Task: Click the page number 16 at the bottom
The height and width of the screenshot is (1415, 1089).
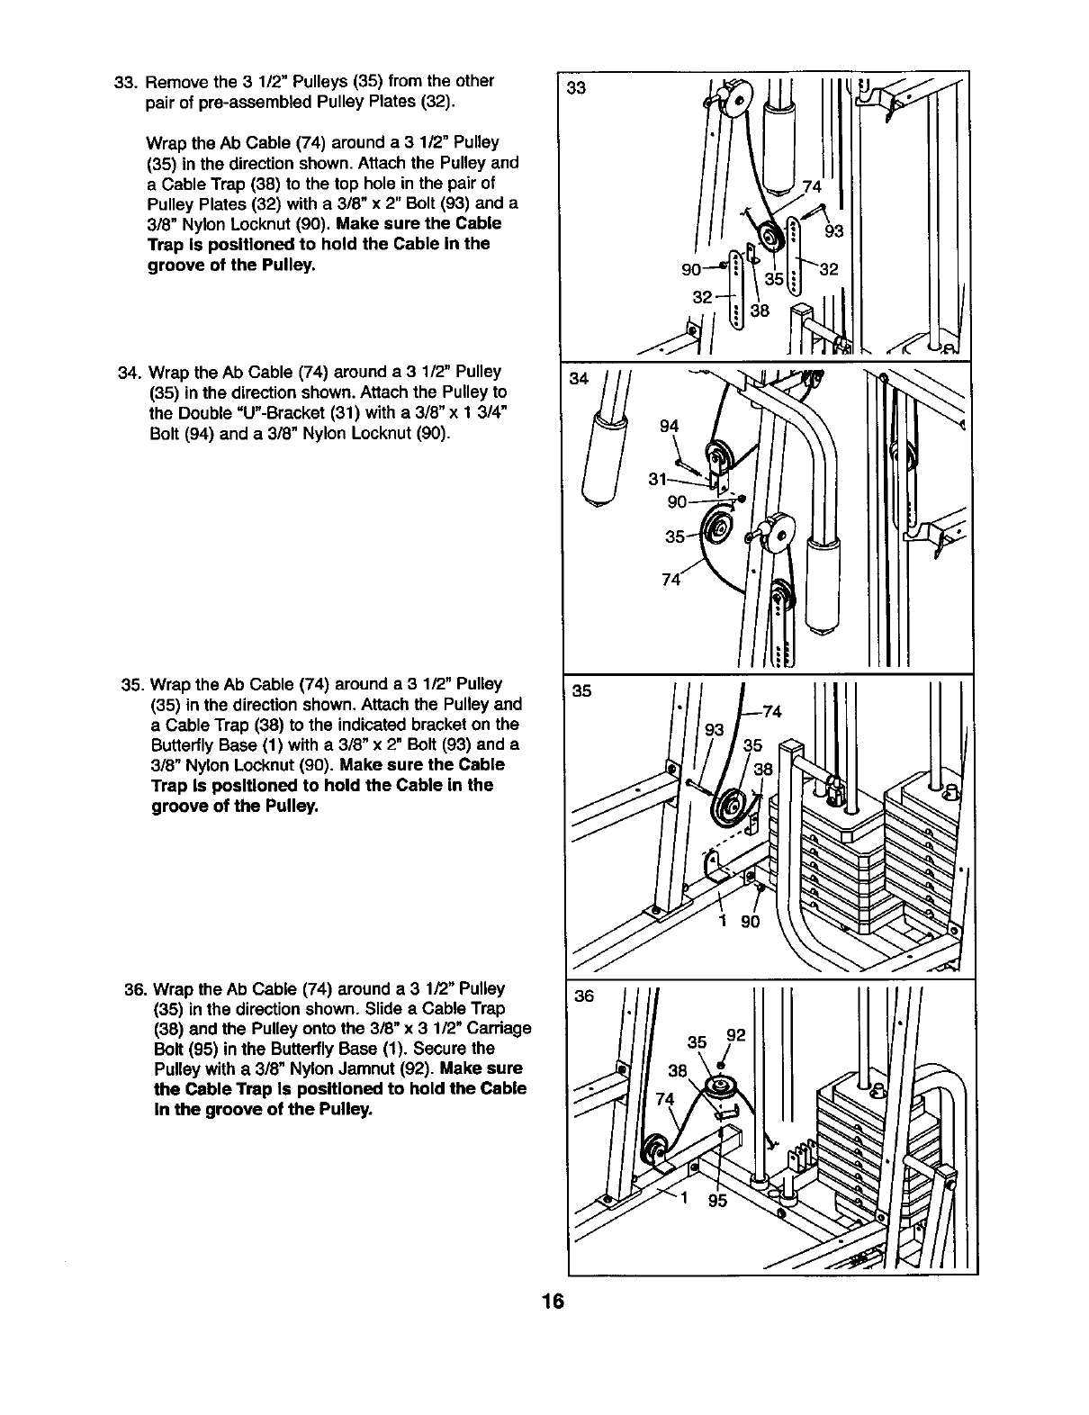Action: [x=553, y=1302]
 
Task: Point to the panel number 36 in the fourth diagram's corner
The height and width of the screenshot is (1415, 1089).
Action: [x=584, y=996]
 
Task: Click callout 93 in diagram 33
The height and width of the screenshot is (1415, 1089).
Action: [x=833, y=231]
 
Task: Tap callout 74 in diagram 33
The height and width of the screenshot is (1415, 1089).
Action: [x=812, y=187]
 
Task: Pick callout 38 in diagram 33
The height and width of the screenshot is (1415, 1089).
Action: [x=760, y=311]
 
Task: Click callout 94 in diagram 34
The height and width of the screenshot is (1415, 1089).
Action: [x=670, y=427]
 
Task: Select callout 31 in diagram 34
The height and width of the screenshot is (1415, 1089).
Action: [x=657, y=479]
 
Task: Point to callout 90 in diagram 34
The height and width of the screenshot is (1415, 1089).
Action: [x=677, y=501]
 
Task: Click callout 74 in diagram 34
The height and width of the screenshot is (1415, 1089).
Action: [x=670, y=581]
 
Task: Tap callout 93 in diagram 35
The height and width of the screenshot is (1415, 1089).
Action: [x=714, y=731]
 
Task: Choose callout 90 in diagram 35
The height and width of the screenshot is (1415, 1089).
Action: [x=750, y=922]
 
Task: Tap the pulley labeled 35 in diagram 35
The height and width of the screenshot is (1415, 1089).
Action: [x=729, y=806]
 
